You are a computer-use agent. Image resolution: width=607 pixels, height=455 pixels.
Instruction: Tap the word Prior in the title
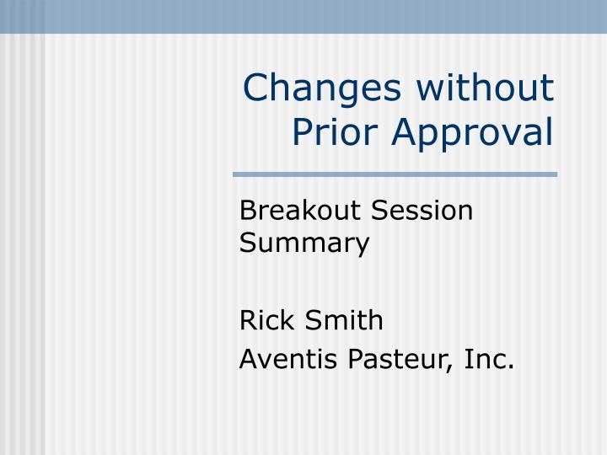330,131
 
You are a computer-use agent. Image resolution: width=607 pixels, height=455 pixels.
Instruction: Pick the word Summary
303,244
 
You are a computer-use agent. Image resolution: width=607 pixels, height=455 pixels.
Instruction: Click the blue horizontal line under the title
395,174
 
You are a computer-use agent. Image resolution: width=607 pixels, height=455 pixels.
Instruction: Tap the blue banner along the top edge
303,16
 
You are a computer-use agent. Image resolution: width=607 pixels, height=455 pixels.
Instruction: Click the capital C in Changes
256,90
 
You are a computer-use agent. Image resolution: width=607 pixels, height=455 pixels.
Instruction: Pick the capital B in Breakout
247,210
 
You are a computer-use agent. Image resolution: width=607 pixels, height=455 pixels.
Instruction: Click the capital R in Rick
248,320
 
